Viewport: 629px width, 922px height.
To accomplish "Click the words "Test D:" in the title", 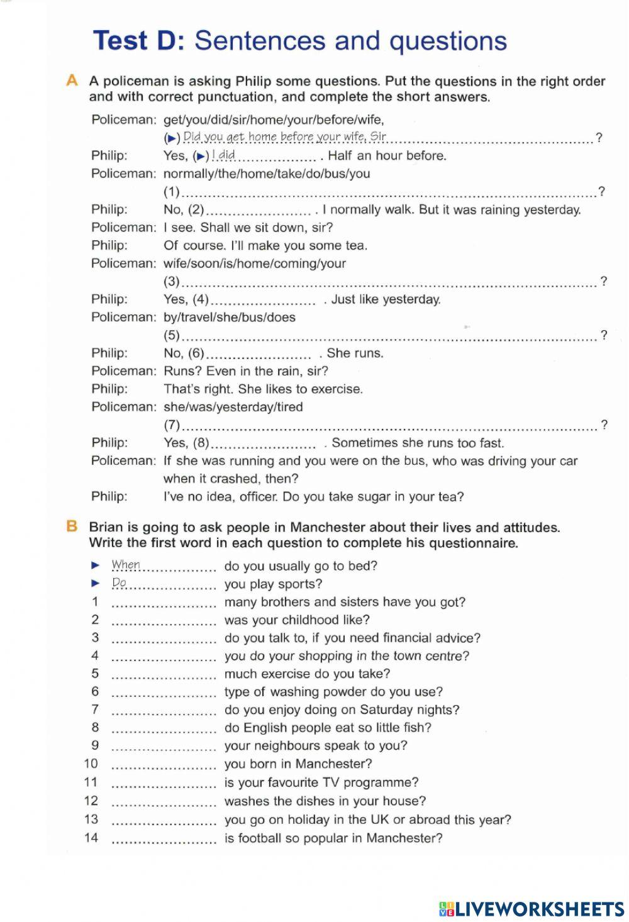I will click(139, 41).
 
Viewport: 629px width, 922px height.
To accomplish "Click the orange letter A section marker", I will click(72, 81).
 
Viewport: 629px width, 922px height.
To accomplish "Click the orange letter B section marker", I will click(72, 527).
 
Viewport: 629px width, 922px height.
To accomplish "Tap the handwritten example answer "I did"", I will click(223, 155).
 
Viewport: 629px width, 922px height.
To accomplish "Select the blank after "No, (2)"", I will click(259, 211).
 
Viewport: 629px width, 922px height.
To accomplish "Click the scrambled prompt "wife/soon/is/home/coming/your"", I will click(254, 264).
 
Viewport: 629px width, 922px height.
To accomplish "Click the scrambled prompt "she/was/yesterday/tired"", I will click(233, 407).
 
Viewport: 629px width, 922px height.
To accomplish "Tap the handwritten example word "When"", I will click(126, 565).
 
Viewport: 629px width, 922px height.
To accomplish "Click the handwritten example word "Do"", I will click(119, 583).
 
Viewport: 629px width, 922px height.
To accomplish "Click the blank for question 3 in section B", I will click(164, 639).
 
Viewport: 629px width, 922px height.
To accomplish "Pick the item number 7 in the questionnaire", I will click(95, 709).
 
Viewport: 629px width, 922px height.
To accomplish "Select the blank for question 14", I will click(164, 839).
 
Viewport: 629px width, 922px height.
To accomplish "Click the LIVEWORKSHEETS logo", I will click(532, 908).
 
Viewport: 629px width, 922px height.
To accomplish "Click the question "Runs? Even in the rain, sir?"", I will click(245, 371).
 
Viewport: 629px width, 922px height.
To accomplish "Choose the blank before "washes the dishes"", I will click(164, 802).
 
